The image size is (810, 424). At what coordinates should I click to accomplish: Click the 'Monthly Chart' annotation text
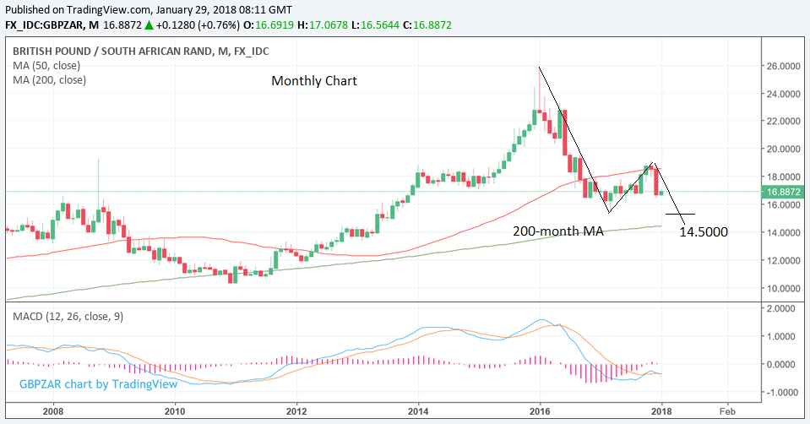[x=313, y=81]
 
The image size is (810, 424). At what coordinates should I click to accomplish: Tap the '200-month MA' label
[x=558, y=230]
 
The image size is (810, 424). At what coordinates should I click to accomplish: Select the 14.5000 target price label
[x=704, y=231]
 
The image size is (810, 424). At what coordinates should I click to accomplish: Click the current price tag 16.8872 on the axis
[x=784, y=192]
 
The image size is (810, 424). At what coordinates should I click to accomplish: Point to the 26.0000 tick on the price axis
[x=784, y=65]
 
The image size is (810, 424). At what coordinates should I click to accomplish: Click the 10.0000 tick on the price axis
[x=784, y=288]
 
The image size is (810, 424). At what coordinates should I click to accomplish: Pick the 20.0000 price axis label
[x=784, y=149]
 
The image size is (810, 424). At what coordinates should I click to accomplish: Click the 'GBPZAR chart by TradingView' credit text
[x=98, y=383]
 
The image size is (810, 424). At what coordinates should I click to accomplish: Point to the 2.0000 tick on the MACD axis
[x=781, y=308]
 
